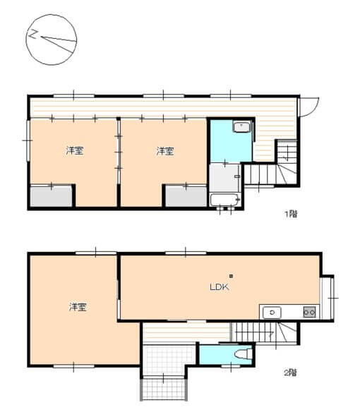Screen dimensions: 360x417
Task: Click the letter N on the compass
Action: pos(32,35)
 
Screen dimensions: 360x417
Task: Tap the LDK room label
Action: pos(220,287)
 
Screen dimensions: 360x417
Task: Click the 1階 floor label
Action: pos(291,214)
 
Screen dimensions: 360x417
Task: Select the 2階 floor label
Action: pos(290,373)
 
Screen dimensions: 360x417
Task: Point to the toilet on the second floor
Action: pos(244,354)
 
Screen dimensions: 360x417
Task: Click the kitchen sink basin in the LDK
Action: pos(272,313)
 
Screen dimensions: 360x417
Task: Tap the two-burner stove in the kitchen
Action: pos(309,312)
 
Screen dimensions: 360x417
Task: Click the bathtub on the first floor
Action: pos(224,200)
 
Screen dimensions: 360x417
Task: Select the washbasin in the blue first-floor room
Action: pos(241,126)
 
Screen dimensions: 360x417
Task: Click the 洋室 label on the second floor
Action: pos(78,307)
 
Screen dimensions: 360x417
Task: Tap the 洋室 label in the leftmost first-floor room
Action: pos(75,151)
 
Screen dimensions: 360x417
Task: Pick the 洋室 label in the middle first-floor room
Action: pos(165,151)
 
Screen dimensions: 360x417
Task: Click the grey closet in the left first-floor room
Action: pos(51,196)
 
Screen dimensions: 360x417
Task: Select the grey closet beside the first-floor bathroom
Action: pos(186,196)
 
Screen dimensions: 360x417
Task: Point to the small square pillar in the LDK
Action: pos(231,276)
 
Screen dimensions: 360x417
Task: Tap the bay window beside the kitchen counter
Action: pos(327,298)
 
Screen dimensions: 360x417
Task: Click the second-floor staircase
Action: pos(264,332)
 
